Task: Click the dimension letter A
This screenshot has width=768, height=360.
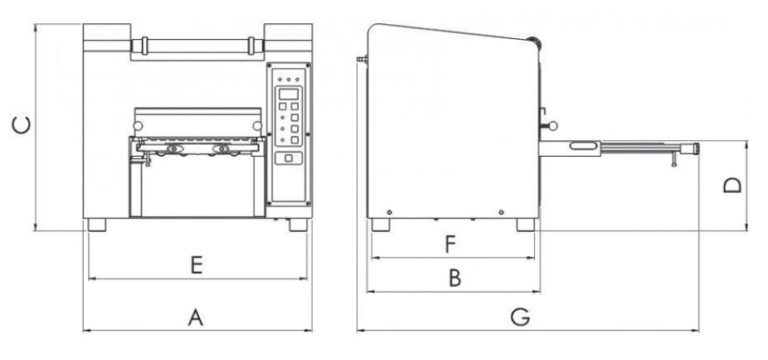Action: tap(195, 317)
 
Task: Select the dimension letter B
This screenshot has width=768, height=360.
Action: tap(455, 279)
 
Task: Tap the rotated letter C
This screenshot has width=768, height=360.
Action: tap(22, 125)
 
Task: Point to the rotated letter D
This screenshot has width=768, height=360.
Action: tap(733, 185)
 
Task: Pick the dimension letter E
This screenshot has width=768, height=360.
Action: tap(196, 265)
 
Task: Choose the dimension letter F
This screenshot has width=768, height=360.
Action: tap(451, 244)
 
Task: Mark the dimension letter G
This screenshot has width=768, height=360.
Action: tap(520, 317)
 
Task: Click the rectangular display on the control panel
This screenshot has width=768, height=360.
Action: tap(288, 94)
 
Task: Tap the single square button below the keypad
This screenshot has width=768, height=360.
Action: tap(288, 158)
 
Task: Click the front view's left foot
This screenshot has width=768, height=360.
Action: tap(97, 225)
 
